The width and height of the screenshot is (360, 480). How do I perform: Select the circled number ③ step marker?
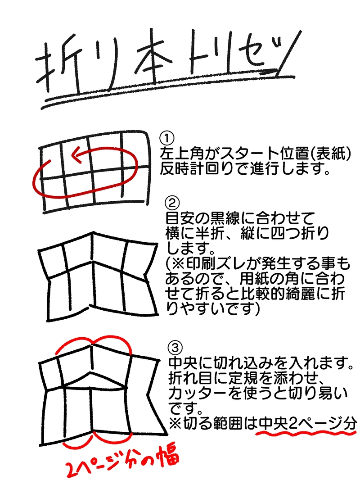tap(175, 348)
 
